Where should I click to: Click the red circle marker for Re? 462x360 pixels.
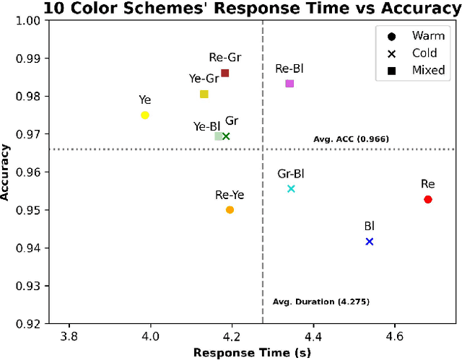428,199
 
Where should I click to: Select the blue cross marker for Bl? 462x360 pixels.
370,242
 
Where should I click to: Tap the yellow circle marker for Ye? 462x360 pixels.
145,115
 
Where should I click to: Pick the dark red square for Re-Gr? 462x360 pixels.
225,73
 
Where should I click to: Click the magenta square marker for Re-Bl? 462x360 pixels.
289,84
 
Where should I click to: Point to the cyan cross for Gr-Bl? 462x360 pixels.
291,189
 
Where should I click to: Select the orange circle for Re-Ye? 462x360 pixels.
230,210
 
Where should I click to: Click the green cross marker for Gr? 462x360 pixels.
226,136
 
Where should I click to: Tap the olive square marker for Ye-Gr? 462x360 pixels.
204,95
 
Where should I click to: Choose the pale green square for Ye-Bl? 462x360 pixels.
218,136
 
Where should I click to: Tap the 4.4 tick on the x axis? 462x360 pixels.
313,336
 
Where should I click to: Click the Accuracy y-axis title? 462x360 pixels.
7,172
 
